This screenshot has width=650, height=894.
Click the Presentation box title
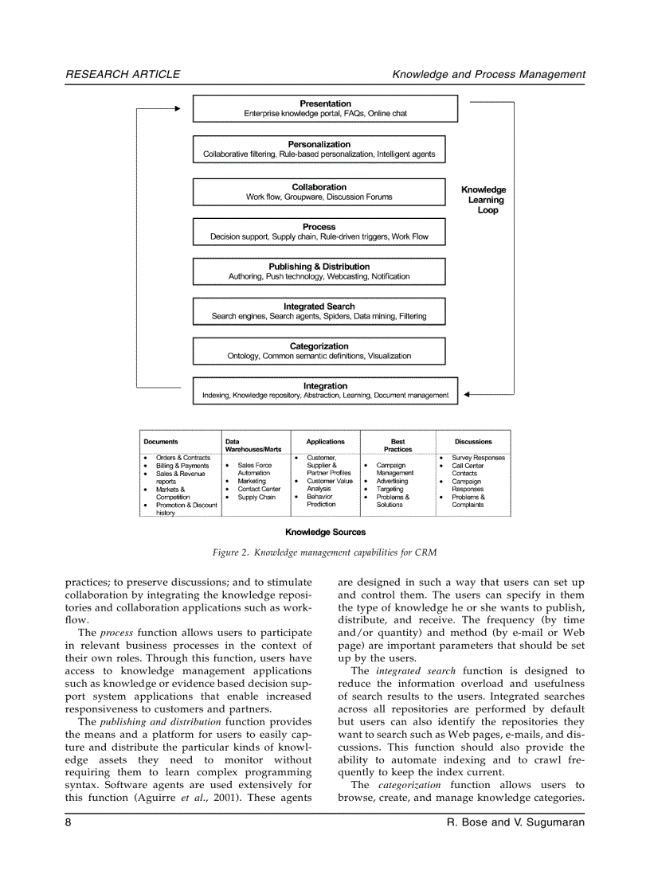(325, 103)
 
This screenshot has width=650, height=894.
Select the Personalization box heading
(319, 144)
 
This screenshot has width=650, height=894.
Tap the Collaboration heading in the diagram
(319, 187)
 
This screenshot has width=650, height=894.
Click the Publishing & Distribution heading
(319, 267)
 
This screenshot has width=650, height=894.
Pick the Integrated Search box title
(319, 306)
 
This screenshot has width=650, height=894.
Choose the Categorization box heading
(319, 346)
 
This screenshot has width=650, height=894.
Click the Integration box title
(325, 386)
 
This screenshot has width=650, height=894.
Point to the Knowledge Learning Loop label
(484, 200)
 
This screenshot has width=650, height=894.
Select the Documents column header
(161, 441)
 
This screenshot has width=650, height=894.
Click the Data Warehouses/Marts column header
(253, 445)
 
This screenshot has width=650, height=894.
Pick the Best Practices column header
(397, 445)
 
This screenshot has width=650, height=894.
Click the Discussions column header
(473, 441)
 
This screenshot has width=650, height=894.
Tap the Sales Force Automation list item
(254, 469)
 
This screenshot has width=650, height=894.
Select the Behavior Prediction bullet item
(321, 500)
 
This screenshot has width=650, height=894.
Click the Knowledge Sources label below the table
(325, 532)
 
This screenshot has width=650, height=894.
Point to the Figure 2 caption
(324, 552)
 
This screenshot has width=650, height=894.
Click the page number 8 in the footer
(69, 822)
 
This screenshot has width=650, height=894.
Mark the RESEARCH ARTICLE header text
(123, 74)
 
